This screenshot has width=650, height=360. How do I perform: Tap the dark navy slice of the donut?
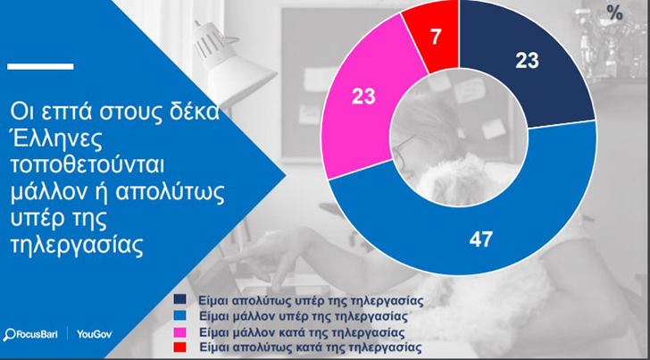point(527,63)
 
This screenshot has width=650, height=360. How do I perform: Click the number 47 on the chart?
point(481,239)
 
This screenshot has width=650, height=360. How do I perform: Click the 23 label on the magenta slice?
point(363,96)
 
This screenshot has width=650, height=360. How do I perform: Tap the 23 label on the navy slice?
point(527,61)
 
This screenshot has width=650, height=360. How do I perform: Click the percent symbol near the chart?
point(615,13)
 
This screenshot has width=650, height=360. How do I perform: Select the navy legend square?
point(180,300)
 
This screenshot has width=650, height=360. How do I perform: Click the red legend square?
point(180,346)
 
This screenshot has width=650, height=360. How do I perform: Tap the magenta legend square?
point(180,331)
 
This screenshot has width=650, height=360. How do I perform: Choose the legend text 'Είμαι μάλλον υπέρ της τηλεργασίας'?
point(302,316)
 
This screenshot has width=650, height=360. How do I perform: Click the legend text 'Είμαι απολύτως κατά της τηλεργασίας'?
point(310,347)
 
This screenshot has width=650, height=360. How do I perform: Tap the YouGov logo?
point(94,334)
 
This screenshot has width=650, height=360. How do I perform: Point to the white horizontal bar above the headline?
point(41,66)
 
